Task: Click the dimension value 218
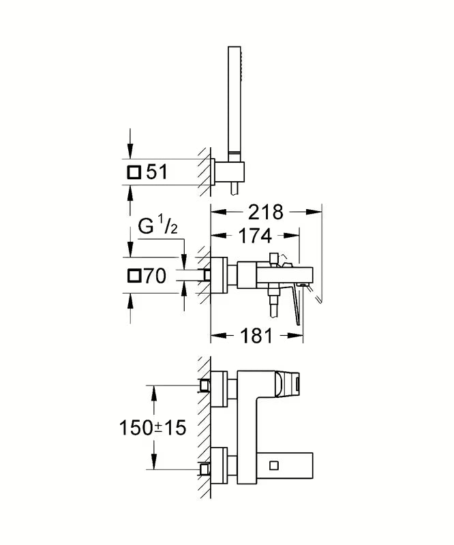point(266,212)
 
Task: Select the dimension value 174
point(256,236)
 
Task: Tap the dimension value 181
point(256,336)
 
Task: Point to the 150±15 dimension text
point(153,427)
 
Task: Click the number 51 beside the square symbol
point(157,172)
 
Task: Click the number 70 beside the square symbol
point(155,276)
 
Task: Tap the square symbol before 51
point(134,172)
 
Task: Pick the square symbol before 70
point(134,276)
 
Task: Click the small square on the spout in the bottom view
point(275,465)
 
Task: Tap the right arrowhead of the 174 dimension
point(292,236)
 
